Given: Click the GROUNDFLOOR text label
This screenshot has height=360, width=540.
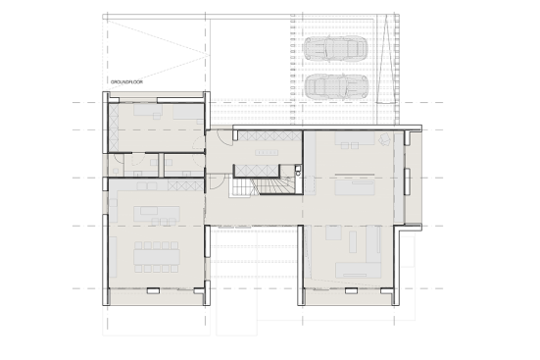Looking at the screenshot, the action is click(126, 82).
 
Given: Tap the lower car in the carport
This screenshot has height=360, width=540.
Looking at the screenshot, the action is click(336, 86).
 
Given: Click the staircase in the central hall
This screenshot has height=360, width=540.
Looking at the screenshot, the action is click(263, 185).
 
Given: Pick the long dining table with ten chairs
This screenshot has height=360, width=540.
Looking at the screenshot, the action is click(157, 257).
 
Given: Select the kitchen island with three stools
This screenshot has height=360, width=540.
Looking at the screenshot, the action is click(157, 215).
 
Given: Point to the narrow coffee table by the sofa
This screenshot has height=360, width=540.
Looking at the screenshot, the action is click(352, 241).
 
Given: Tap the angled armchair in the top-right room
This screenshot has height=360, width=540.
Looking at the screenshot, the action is click(384, 139).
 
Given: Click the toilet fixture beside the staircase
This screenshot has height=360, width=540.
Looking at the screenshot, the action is click(298, 171).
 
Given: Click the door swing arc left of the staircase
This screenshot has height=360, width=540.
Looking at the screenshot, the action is click(218, 181).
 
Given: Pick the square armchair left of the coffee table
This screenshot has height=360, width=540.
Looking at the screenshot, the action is click(333, 232).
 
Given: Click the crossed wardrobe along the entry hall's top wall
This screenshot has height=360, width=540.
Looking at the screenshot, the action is click(270, 135).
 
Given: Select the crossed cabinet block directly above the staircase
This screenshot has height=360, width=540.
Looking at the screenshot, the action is click(257, 171).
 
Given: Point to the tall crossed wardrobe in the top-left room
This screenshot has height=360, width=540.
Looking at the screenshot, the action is click(114, 128).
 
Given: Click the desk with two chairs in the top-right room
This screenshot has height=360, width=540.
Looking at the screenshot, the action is click(355, 140).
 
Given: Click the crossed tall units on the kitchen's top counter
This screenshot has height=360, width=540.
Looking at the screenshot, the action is click(185, 186).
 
